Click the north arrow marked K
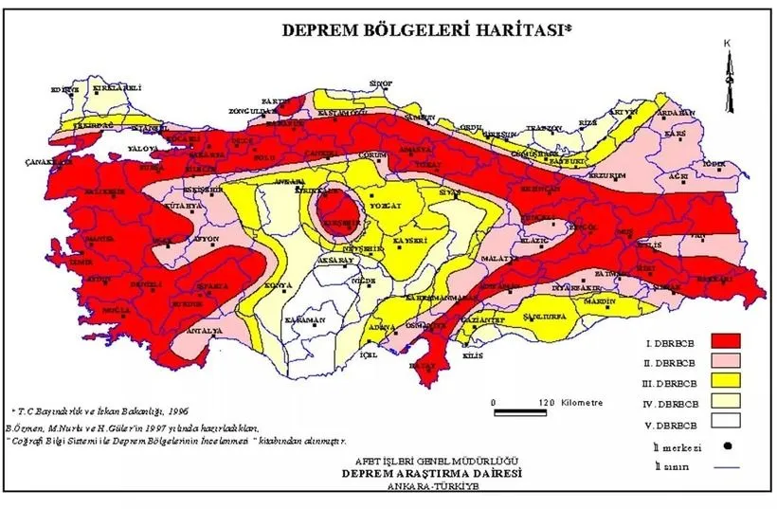[728, 71]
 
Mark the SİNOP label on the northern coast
[381, 83]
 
